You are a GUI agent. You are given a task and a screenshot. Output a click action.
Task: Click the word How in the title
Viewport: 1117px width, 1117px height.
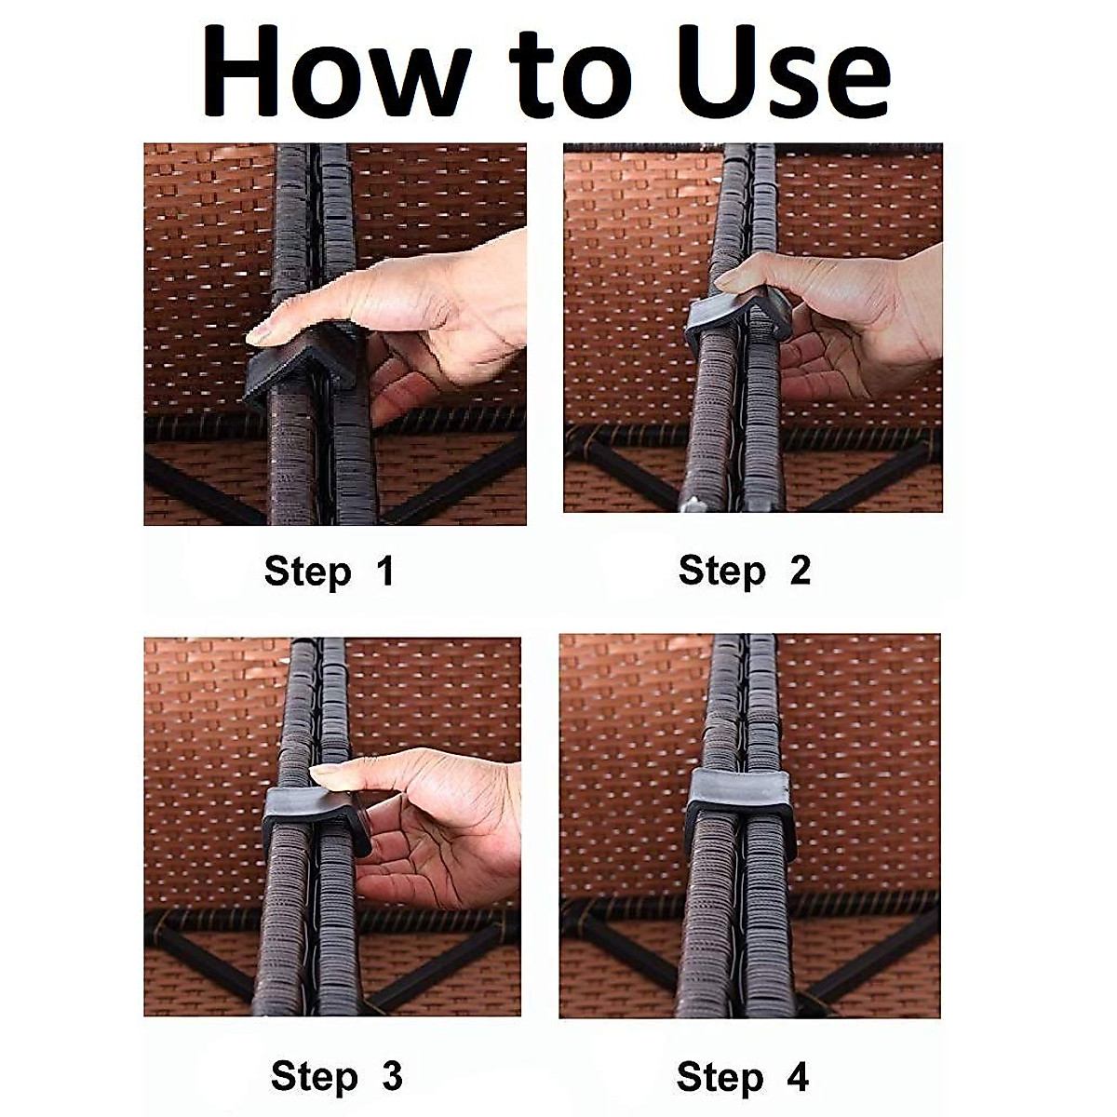pyautogui.click(x=339, y=72)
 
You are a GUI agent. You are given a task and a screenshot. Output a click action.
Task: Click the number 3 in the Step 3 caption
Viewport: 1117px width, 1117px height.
pyautogui.click(x=393, y=1058)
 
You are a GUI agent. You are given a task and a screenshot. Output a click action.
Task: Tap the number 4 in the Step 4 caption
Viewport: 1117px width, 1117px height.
pyautogui.click(x=797, y=1058)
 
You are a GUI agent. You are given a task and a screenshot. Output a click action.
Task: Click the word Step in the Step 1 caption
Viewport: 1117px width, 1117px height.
pyautogui.click(x=308, y=572)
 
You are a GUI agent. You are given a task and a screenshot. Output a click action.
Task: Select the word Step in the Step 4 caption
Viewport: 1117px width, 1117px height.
pyautogui.click(x=720, y=1060)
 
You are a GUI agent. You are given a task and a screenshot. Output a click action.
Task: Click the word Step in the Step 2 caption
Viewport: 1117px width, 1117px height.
pyautogui.click(x=722, y=572)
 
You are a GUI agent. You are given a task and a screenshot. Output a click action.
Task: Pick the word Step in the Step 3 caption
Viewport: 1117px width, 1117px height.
pyautogui.click(x=314, y=1060)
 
